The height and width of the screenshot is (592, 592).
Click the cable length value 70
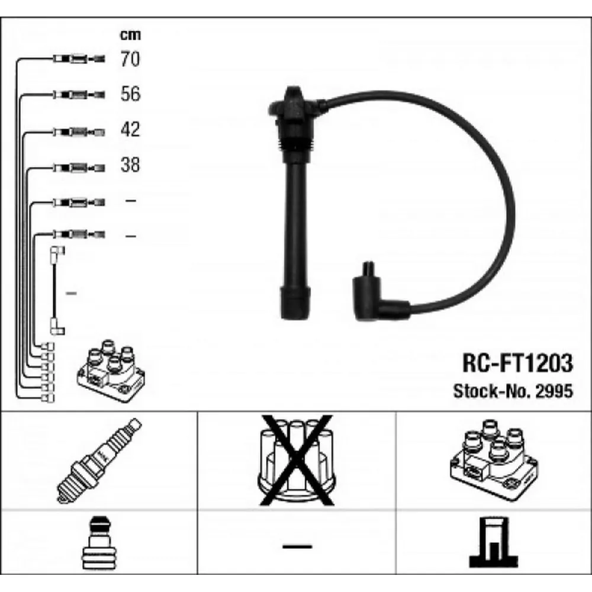pyautogui.click(x=130, y=59)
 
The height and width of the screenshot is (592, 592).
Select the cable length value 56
pyautogui.click(x=130, y=94)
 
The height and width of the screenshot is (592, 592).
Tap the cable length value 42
pyautogui.click(x=130, y=129)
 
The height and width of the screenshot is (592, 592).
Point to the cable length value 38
pyautogui.click(x=130, y=165)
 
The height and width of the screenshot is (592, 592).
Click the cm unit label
pyautogui.click(x=130, y=35)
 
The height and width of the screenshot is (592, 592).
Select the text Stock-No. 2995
pyautogui.click(x=513, y=391)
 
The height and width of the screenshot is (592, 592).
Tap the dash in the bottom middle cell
pyautogui.click(x=296, y=545)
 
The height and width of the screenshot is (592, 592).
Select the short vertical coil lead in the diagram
pyautogui.click(x=57, y=290)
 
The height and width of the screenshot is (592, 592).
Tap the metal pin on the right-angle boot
pyautogui.click(x=368, y=267)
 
